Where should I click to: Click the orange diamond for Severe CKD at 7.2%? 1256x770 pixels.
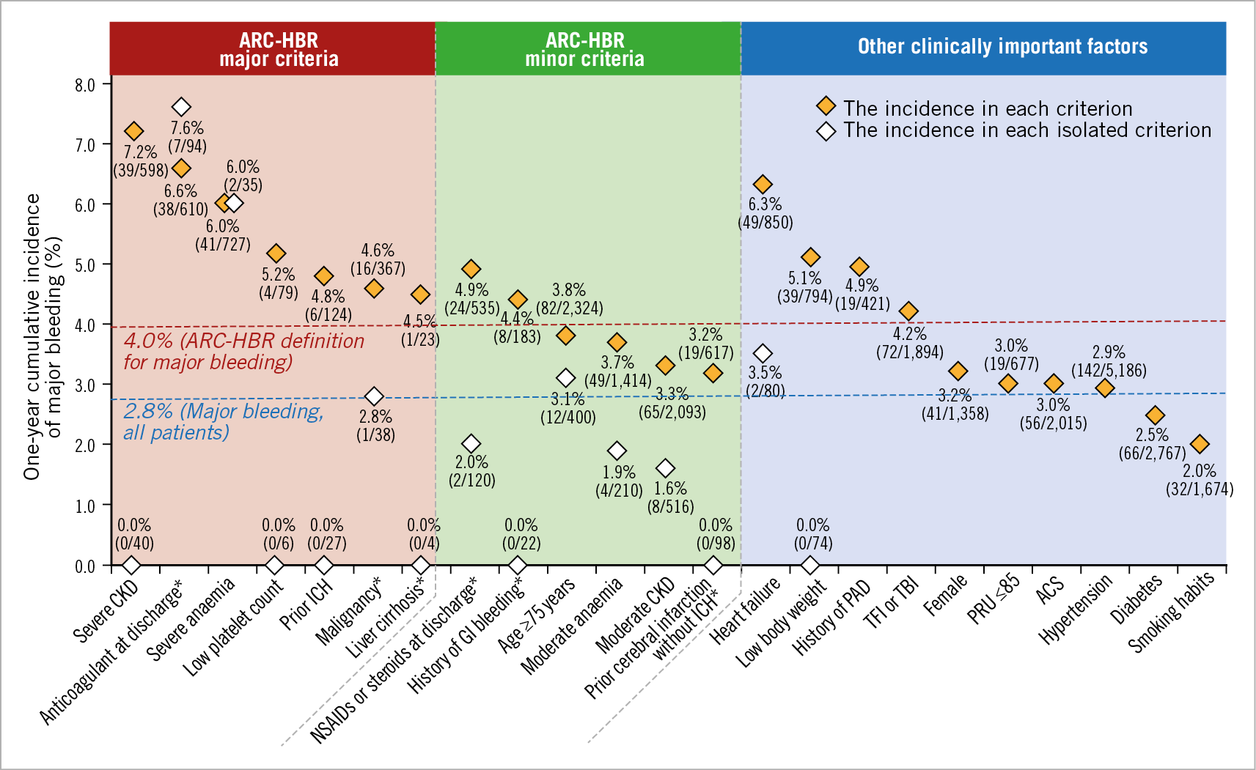133,131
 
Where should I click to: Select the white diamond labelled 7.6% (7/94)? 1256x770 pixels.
181,107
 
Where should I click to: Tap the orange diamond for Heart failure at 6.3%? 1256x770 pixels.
763,184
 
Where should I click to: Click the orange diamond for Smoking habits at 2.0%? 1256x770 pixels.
1200,444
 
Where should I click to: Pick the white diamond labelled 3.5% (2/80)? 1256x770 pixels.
763,354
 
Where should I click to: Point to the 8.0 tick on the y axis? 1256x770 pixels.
85,85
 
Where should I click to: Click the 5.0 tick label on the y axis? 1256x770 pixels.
85,265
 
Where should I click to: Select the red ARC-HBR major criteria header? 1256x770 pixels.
279,49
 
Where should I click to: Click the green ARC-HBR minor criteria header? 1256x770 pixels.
585,49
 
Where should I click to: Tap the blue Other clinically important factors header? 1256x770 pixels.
1002,47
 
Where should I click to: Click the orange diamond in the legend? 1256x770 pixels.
826,106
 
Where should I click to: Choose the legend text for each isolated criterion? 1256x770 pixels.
1027,130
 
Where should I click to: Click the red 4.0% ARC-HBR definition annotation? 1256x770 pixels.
243,351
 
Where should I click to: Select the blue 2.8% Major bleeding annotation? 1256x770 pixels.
223,421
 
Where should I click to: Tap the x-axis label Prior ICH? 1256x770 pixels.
306,604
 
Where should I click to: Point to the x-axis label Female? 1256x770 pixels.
945,595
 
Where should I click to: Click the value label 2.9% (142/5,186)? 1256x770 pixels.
1108,361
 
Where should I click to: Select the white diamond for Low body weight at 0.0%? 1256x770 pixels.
809,566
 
